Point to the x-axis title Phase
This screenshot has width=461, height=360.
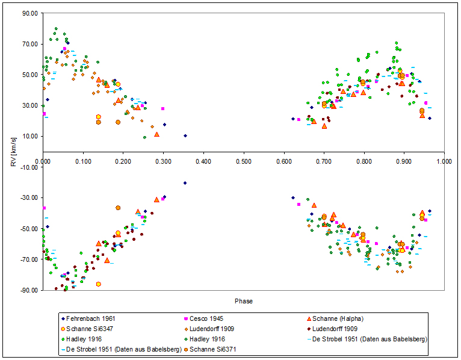pyautogui.click(x=244, y=301)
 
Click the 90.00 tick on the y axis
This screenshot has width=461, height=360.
pyautogui.click(x=29, y=13)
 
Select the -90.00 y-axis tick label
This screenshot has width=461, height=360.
pyautogui.click(x=28, y=290)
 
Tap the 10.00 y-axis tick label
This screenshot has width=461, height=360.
pyautogui.click(x=29, y=136)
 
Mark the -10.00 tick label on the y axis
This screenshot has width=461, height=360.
pyautogui.click(x=28, y=167)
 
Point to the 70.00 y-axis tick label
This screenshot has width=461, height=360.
pyautogui.click(x=29, y=44)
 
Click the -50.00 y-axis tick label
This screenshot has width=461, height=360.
pyautogui.click(x=28, y=229)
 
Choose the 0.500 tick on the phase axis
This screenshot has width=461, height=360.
pyautogui.click(x=244, y=161)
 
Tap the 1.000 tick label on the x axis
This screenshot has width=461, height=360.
pyautogui.click(x=444, y=161)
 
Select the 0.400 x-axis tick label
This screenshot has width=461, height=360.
pyautogui.click(x=203, y=161)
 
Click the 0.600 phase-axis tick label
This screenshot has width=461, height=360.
pyautogui.click(x=284, y=161)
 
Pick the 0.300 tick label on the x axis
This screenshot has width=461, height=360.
pyautogui.click(x=163, y=161)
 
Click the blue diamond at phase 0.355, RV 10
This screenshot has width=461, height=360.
pyautogui.click(x=185, y=136)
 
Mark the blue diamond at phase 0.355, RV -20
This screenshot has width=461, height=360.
pyautogui.click(x=185, y=182)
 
